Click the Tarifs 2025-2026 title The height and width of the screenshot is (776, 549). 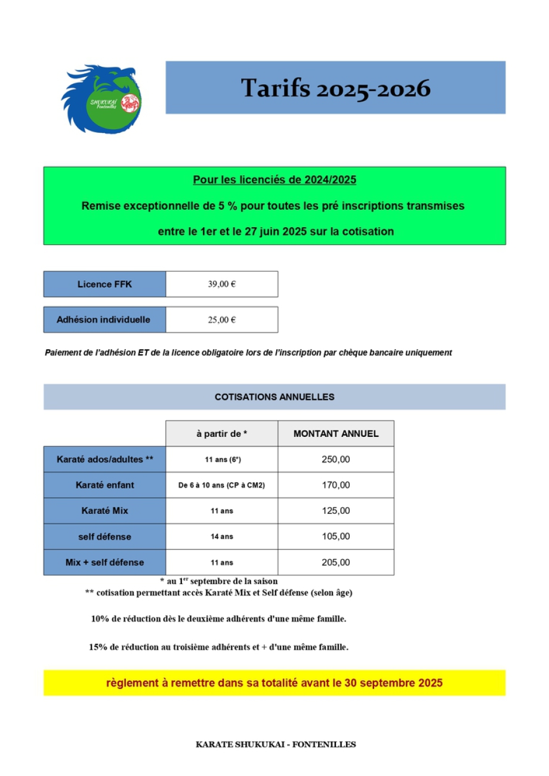pyautogui.click(x=335, y=88)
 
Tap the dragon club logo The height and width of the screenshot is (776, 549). pyautogui.click(x=101, y=98)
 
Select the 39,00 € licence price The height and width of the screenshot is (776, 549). pyautogui.click(x=221, y=284)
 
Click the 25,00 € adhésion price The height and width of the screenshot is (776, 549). pyautogui.click(x=221, y=320)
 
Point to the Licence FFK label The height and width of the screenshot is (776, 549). pyautogui.click(x=104, y=284)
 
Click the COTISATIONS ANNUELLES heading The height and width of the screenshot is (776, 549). pyautogui.click(x=274, y=397)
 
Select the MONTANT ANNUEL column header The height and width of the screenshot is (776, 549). pyautogui.click(x=336, y=434)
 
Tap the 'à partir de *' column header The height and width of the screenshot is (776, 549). pyautogui.click(x=221, y=434)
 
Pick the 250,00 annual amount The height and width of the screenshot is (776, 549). pyautogui.click(x=336, y=460)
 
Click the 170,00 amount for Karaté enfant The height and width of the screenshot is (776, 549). pyautogui.click(x=336, y=485)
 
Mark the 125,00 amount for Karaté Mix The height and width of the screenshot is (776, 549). pyautogui.click(x=336, y=511)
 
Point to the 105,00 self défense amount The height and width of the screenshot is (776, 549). pyautogui.click(x=336, y=536)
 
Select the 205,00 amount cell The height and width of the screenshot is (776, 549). pyautogui.click(x=336, y=562)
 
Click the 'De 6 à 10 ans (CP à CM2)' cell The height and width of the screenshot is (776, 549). pyautogui.click(x=221, y=485)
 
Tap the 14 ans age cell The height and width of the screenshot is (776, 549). pyautogui.click(x=221, y=536)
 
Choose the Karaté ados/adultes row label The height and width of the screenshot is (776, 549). pyautogui.click(x=105, y=460)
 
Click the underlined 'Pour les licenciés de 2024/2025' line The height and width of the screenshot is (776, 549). pyautogui.click(x=274, y=180)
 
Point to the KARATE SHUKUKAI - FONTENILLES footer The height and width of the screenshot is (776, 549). pyautogui.click(x=276, y=744)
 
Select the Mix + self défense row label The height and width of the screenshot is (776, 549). pyautogui.click(x=104, y=562)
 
